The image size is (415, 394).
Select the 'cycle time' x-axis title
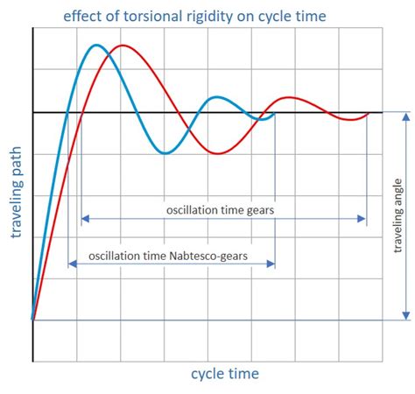pos(225,375)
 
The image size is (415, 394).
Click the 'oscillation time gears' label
pos(223,210)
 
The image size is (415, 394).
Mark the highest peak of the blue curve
pos(96,46)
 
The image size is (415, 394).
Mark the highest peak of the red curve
pos(123,46)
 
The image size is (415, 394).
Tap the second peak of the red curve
pos(290,97)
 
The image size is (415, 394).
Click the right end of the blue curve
pos(275,113)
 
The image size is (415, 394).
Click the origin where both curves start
pos(32,319)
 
